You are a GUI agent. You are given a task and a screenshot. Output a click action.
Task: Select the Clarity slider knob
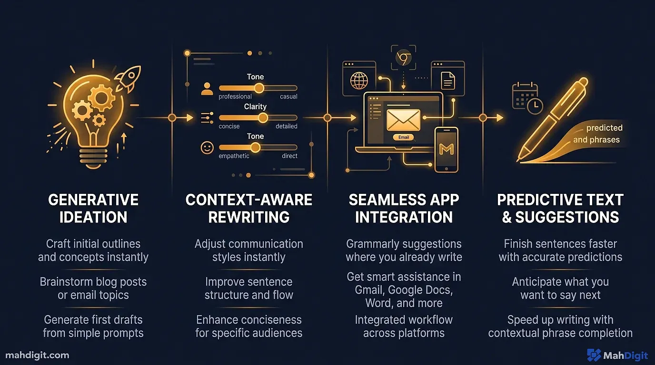point(262,118)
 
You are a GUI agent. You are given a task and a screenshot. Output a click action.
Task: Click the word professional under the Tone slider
point(235,96)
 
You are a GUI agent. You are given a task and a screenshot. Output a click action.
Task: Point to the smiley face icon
point(207,148)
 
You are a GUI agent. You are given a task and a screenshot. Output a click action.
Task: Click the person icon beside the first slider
point(207,88)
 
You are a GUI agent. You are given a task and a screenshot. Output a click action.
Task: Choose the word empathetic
point(234,156)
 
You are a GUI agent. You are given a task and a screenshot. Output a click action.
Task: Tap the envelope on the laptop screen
point(403,120)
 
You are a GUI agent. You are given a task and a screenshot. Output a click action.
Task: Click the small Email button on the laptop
point(403,137)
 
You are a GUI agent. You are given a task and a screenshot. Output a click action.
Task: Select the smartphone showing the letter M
point(446,149)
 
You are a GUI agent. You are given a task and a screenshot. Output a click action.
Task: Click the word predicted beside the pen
point(604,128)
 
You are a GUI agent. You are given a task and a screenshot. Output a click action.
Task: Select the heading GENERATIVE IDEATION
point(93,208)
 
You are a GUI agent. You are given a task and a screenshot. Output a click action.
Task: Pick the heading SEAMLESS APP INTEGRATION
point(404,208)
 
